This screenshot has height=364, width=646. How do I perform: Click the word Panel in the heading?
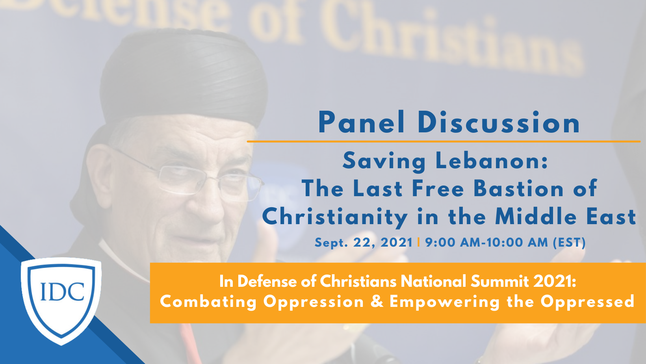(x=361, y=123)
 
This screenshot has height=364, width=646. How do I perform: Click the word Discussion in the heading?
(x=499, y=123)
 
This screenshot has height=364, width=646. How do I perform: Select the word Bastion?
(x=518, y=189)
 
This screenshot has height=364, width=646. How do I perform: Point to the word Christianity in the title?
(x=335, y=217)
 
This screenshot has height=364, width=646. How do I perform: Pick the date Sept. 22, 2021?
(x=363, y=243)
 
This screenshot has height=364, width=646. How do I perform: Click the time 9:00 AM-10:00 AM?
(x=486, y=242)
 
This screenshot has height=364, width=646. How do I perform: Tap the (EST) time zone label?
(x=569, y=242)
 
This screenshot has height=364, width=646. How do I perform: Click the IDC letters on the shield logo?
(x=62, y=291)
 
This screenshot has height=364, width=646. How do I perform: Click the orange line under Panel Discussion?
(x=444, y=141)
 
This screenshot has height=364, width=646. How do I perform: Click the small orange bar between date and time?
(x=418, y=242)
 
